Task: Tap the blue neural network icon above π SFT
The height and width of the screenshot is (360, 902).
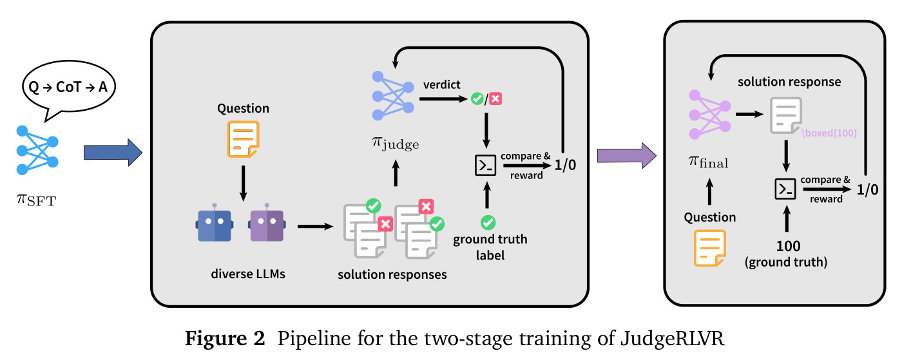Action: click(37, 150)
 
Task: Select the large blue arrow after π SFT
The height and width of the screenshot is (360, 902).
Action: click(113, 153)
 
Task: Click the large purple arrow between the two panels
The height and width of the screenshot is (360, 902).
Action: click(626, 155)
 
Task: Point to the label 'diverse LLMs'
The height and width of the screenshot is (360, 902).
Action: click(248, 274)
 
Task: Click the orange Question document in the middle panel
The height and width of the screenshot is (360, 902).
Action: click(244, 139)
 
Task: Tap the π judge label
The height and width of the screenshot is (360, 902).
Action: click(396, 144)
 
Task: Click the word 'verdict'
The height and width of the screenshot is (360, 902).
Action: click(442, 84)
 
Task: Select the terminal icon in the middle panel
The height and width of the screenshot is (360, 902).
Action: click(486, 165)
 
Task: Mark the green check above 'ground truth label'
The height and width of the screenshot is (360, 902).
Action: click(488, 222)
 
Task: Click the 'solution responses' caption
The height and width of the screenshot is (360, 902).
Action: click(392, 274)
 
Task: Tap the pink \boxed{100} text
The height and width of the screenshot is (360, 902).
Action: click(830, 133)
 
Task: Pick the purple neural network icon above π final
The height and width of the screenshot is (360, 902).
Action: click(709, 115)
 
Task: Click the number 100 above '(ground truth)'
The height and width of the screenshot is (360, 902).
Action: click(788, 246)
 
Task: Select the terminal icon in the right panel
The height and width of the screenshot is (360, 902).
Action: click(785, 189)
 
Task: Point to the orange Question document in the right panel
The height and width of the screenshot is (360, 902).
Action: click(710, 248)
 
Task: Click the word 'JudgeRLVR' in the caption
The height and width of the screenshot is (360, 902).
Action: click(672, 338)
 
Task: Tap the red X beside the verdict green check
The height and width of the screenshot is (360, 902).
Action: click(495, 99)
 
